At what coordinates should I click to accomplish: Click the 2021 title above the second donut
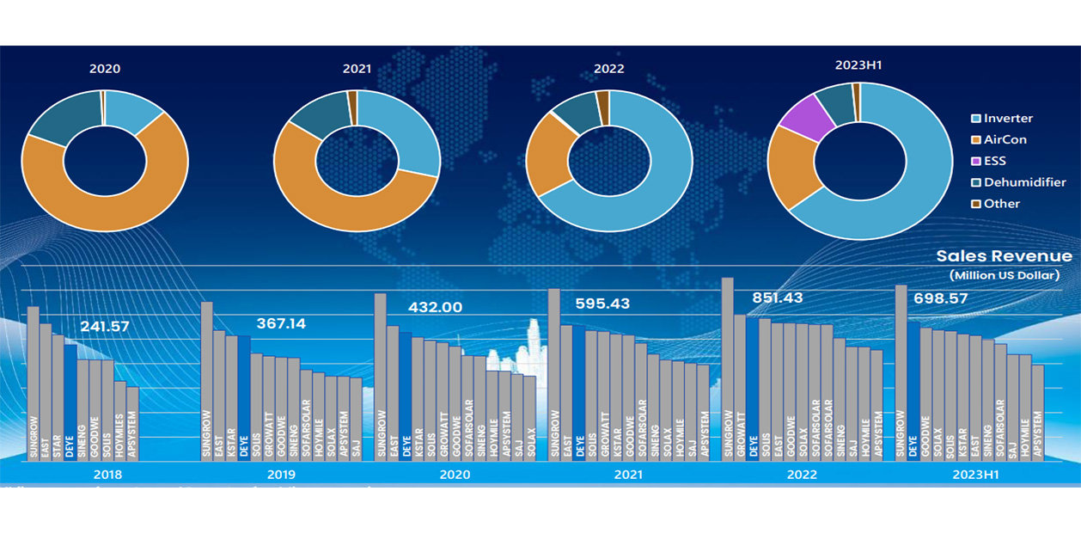[357, 69]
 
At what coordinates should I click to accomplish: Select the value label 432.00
[435, 307]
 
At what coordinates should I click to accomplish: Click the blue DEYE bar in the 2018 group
[70, 396]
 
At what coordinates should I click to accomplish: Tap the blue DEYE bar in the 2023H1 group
[913, 387]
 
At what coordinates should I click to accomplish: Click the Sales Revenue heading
[1004, 256]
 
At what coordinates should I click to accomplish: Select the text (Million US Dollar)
[1005, 275]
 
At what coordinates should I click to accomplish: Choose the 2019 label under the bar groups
[281, 475]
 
